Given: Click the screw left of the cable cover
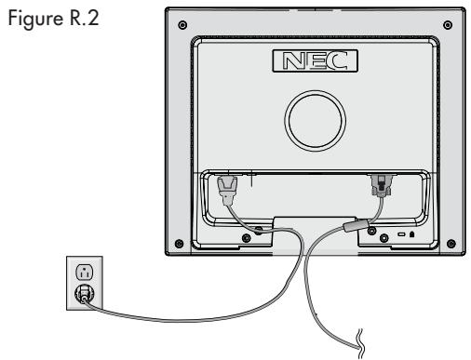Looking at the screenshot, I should click(x=245, y=236).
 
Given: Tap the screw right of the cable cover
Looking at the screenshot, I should click(x=382, y=236).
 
